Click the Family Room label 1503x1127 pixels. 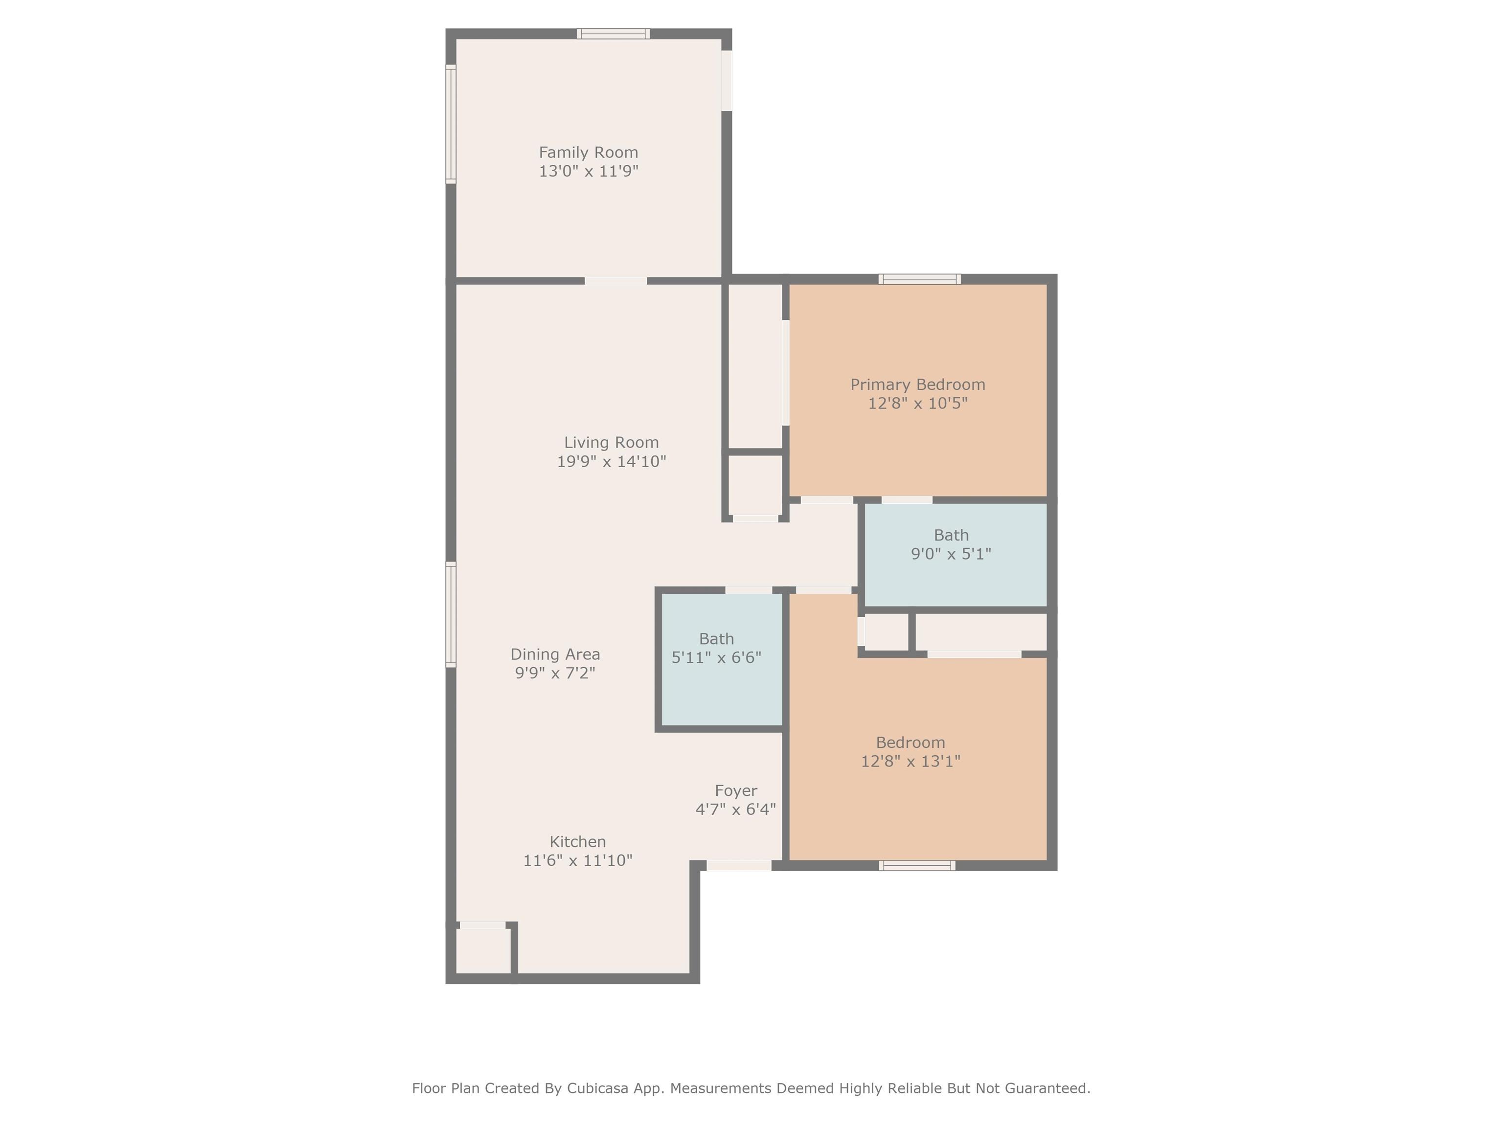pyautogui.click(x=589, y=152)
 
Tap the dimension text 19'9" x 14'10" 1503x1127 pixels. pyautogui.click(x=612, y=461)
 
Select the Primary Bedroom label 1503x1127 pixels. pyautogui.click(x=918, y=384)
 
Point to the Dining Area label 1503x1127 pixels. pyautogui.click(x=555, y=654)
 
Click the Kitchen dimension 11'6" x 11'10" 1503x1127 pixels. pyautogui.click(x=577, y=860)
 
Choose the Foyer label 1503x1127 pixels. pyautogui.click(x=736, y=791)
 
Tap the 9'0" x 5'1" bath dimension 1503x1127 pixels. pyautogui.click(x=951, y=554)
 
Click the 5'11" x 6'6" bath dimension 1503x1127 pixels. pyautogui.click(x=716, y=657)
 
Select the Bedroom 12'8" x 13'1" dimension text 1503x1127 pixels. pyautogui.click(x=911, y=761)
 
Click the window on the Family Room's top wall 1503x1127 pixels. pyautogui.click(x=614, y=34)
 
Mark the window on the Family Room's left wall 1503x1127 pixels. pyautogui.click(x=451, y=124)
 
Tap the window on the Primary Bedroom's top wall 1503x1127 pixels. pyautogui.click(x=919, y=279)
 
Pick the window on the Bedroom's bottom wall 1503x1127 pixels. pyautogui.click(x=917, y=865)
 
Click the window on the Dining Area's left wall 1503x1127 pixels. pyautogui.click(x=451, y=615)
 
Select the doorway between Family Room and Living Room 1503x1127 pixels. pyautogui.click(x=615, y=281)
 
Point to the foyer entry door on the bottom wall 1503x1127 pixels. pyautogui.click(x=739, y=865)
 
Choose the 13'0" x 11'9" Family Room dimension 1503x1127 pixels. pyautogui.click(x=589, y=171)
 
